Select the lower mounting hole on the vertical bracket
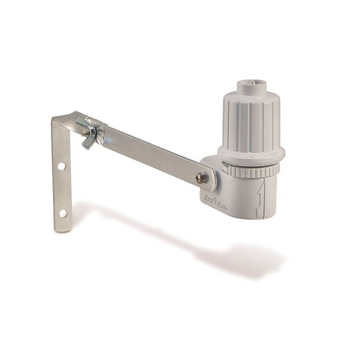click(x=63, y=213)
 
